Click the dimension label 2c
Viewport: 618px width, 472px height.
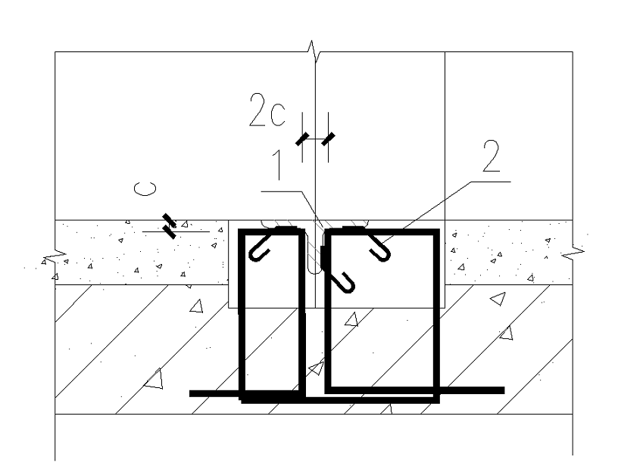[x=267, y=110]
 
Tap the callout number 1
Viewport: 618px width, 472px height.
[x=278, y=165]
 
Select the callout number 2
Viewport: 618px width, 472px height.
[x=492, y=157]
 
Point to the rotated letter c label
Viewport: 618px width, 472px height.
[x=145, y=188]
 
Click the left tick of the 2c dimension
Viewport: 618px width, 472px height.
[x=302, y=139]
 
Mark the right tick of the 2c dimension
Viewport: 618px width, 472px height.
[x=328, y=139]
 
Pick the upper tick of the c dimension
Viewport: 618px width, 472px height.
[x=168, y=219]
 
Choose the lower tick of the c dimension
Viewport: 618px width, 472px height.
[x=170, y=232]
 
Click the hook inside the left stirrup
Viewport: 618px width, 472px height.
[x=260, y=249]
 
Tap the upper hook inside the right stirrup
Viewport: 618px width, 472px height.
[x=379, y=249]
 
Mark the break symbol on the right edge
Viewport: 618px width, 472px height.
[x=573, y=252]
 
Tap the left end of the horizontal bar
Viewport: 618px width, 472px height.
[x=190, y=393]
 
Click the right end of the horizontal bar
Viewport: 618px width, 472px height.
[x=504, y=390]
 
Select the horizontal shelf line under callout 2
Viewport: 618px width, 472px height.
[x=491, y=182]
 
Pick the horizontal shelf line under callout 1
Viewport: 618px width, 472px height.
[x=282, y=191]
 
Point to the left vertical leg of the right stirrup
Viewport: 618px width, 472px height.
[x=327, y=311]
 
